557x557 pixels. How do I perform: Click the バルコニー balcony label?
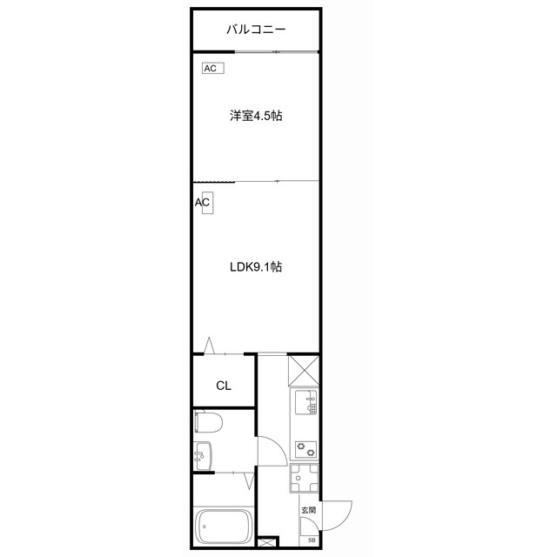257,30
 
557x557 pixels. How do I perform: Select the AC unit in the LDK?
204,202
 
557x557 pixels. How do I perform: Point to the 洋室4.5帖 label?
256,116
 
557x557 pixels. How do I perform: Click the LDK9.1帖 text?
256,267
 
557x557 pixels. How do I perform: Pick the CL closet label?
223,386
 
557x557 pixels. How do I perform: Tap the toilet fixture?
209,423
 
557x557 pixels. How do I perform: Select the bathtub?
225,525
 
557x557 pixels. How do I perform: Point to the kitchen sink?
305,404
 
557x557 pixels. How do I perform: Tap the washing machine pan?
305,480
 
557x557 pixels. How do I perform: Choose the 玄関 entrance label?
308,510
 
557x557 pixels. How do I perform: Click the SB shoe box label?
312,540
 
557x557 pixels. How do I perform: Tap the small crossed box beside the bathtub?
265,541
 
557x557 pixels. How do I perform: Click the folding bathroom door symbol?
250,480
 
